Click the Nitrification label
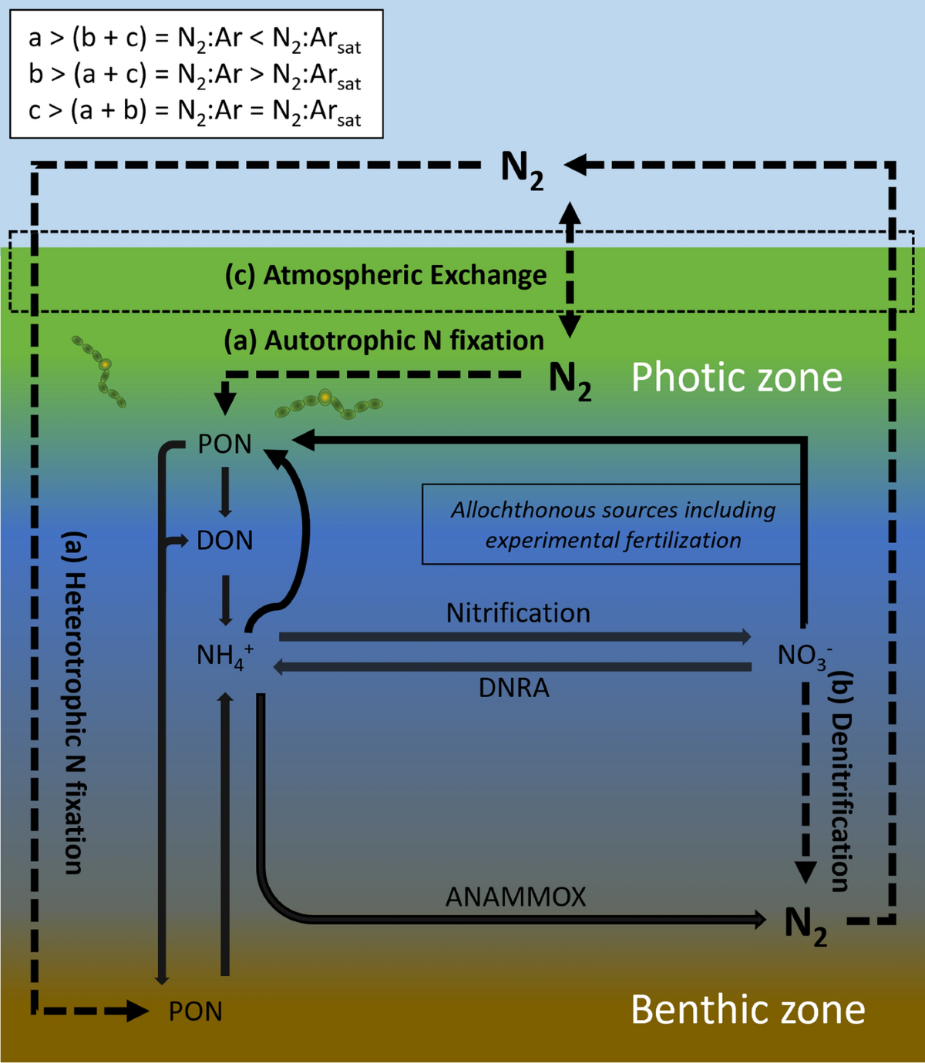point(518,613)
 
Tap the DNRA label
point(513,687)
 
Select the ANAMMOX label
point(516,897)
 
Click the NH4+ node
point(224,656)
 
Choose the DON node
point(224,540)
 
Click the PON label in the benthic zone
point(196,1011)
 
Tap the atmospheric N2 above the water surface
point(522,168)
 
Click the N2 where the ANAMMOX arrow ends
point(806,924)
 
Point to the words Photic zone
point(736,377)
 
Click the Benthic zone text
point(748,1009)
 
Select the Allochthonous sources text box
point(612,525)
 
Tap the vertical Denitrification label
point(841,782)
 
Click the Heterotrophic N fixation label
point(73,703)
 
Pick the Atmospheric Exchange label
point(385,276)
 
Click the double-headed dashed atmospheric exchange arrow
point(570,270)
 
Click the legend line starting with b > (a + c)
point(194,75)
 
